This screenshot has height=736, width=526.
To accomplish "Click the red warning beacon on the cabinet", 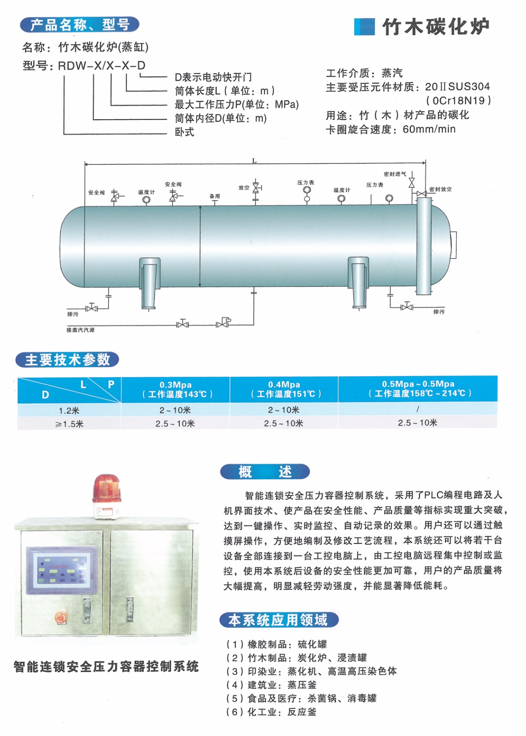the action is click(106, 496).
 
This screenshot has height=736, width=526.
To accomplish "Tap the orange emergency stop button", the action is click(60, 617).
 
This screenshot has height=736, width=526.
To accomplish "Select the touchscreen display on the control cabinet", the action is click(62, 569).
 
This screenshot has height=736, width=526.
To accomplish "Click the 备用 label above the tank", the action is click(215, 196).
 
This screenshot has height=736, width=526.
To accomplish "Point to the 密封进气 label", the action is click(395, 174).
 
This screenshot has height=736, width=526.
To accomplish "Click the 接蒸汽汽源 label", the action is click(80, 330).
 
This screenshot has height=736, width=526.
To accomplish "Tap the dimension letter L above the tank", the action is click(254, 161).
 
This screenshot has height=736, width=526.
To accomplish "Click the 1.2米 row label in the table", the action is click(69, 410).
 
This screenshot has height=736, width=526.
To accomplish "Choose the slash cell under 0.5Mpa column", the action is click(418, 409).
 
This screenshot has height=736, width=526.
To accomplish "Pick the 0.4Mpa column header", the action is click(284, 389).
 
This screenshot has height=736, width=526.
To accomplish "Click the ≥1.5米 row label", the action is click(69, 424).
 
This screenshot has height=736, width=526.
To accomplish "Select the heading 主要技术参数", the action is click(67, 360).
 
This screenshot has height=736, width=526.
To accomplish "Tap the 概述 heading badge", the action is click(265, 471).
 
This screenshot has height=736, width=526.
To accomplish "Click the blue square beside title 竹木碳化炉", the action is click(364, 27).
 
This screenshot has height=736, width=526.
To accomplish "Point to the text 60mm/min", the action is click(429, 129).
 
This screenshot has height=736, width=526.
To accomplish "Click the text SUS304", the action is click(469, 87).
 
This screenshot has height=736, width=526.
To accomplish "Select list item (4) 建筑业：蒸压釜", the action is click(271, 685).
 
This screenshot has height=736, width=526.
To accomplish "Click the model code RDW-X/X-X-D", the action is click(102, 66).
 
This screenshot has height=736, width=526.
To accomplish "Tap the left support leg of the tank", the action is click(149, 283).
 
